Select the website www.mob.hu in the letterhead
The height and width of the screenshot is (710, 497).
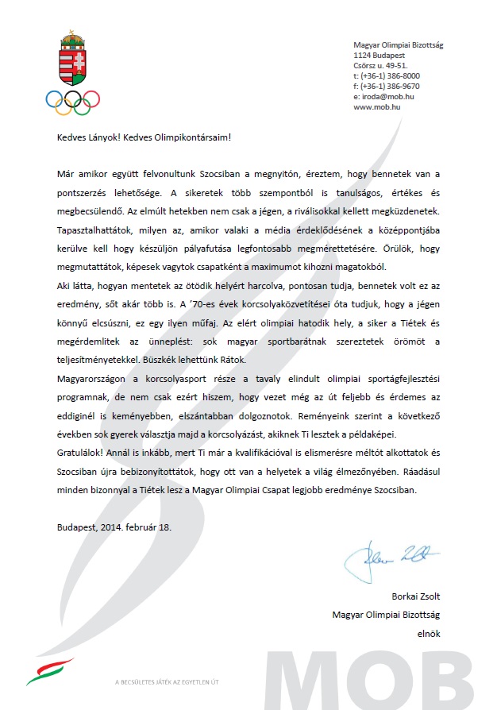[376, 107]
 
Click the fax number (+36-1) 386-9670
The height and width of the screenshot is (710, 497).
[387, 87]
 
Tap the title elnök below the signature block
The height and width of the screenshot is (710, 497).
[429, 634]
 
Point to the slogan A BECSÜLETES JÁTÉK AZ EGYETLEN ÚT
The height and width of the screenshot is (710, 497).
[167, 682]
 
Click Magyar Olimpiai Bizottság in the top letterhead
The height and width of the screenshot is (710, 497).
[398, 46]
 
